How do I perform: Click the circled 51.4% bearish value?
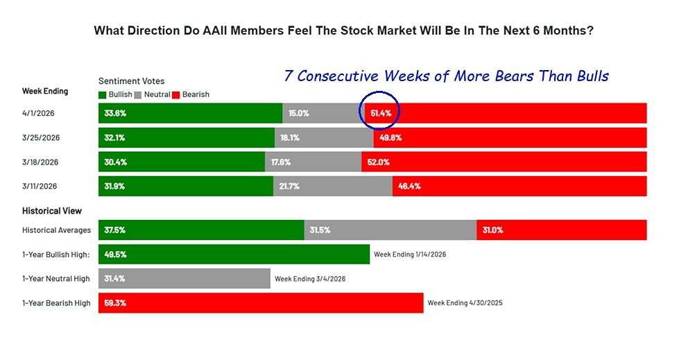(x=380, y=113)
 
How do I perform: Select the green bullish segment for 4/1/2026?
(x=190, y=113)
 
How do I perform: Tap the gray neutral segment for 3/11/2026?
(x=332, y=186)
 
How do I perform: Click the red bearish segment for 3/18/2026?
(x=504, y=162)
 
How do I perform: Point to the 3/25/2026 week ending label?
(x=41, y=137)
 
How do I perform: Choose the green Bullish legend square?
(x=103, y=94)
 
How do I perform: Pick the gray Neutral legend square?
(x=137, y=94)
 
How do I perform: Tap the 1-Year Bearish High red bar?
(x=260, y=303)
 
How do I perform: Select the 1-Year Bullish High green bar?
(x=234, y=255)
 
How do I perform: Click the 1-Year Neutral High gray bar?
(x=184, y=279)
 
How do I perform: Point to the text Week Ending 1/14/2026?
(x=410, y=255)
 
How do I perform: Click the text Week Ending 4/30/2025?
(x=465, y=303)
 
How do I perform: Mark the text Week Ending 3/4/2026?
(x=310, y=279)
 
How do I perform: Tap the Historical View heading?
(x=51, y=211)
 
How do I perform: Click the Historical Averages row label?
(x=56, y=230)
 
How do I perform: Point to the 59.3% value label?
(x=115, y=303)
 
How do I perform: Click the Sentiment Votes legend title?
(x=132, y=81)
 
